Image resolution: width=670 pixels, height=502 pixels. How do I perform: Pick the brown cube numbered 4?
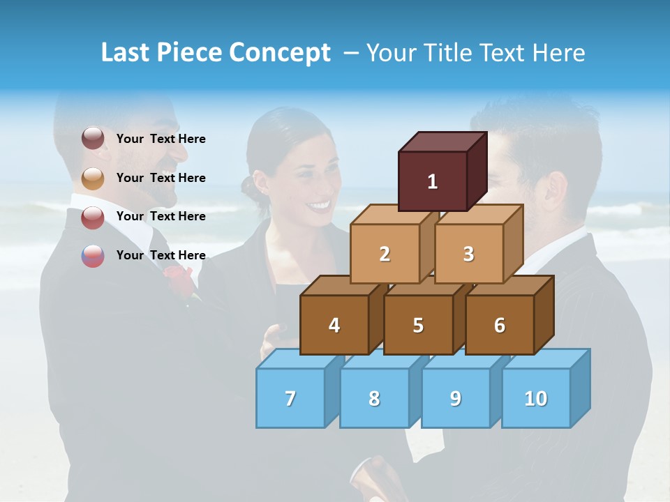tap(334, 325)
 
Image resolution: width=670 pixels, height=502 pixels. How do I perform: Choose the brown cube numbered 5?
tap(418, 325)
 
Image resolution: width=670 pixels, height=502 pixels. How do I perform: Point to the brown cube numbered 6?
tap(500, 325)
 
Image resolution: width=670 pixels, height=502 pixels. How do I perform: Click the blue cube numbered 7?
tap(290, 398)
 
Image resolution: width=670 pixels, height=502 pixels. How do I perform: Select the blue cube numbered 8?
tap(374, 398)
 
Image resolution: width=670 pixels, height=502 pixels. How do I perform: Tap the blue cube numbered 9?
tap(455, 398)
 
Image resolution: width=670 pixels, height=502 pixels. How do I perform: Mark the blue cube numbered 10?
tap(535, 398)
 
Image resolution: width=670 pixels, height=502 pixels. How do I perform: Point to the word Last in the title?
tap(126, 53)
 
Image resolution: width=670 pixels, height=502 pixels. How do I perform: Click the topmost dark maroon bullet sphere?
tap(93, 139)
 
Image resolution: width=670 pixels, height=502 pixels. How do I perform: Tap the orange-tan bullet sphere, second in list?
tap(93, 178)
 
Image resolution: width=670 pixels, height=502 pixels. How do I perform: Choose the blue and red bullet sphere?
tap(93, 255)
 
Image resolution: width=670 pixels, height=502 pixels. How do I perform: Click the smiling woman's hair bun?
tap(248, 186)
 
